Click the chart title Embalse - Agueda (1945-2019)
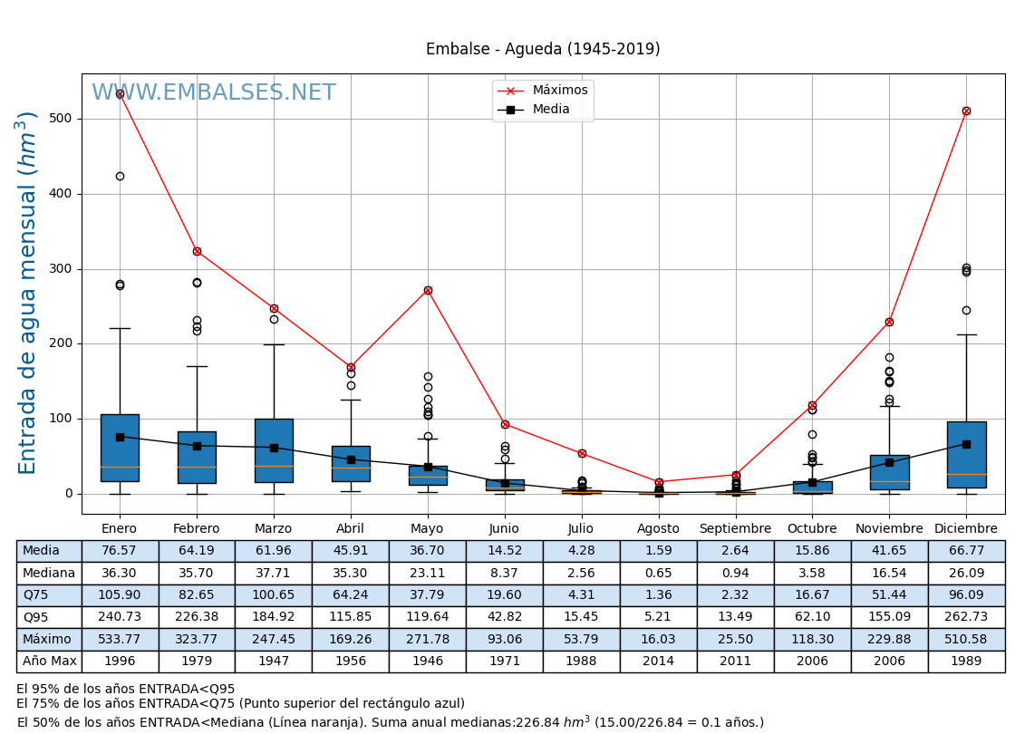coord(543,50)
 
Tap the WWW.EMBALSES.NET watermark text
coord(214,93)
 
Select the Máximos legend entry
coord(559,91)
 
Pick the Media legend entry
coord(551,110)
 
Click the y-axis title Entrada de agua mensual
coord(28,293)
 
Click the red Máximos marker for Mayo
coord(428,290)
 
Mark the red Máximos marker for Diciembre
coord(966,111)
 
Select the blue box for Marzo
coord(274,450)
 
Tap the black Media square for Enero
coord(120,437)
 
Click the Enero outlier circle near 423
coord(120,176)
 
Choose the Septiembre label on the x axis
coord(735,529)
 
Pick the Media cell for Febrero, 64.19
coord(197,551)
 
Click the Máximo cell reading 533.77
coord(120,640)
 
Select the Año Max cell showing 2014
coord(658,662)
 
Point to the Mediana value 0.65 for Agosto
coord(658,573)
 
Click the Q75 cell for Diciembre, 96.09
coord(966,595)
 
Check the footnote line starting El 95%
coord(125,690)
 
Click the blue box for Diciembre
coord(966,455)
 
